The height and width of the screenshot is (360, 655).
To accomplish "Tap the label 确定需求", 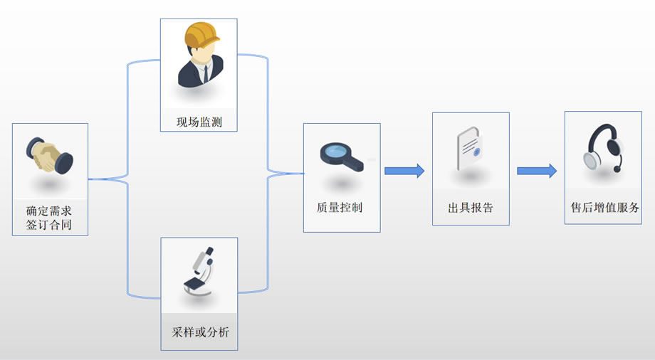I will click(49, 211).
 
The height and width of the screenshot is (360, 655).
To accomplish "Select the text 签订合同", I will click(49, 226).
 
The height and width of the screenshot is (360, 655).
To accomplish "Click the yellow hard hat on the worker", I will click(200, 36).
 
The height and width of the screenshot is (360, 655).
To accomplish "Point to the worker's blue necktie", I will click(204, 71).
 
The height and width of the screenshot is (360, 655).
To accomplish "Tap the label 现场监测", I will click(199, 122).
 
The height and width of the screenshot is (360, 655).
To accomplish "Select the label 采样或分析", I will click(200, 332).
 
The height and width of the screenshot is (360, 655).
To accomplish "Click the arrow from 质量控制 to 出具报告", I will click(404, 171).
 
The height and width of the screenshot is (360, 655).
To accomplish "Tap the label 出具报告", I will click(470, 208).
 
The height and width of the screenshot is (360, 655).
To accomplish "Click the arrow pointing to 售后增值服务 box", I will click(536, 171).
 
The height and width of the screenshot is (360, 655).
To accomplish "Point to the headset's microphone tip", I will click(617, 170).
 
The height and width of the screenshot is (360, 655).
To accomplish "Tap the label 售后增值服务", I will click(604, 208).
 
